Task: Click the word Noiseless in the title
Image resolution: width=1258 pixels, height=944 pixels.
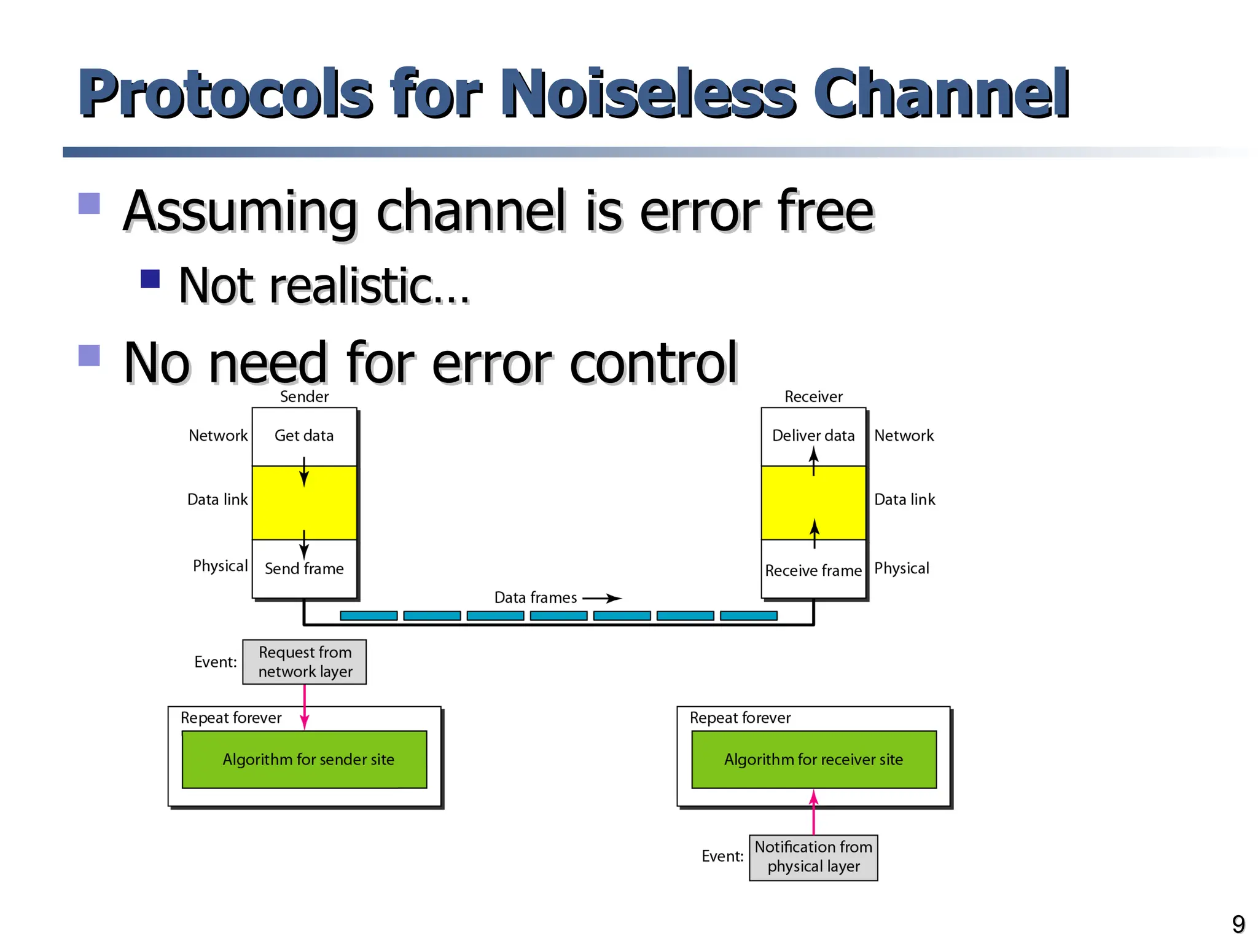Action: [648, 93]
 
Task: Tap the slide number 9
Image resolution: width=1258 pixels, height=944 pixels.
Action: [1238, 924]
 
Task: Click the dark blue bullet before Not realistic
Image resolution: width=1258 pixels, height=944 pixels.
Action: [150, 278]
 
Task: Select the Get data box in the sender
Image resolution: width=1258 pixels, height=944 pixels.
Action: [304, 436]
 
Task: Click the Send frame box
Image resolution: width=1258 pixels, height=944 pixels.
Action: [304, 569]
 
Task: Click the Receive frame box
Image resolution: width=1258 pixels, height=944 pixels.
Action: [813, 570]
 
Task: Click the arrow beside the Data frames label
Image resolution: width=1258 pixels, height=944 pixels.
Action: [602, 598]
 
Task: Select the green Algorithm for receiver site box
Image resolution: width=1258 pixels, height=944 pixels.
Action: [813, 760]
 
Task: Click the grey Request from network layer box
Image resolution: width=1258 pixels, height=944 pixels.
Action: [304, 662]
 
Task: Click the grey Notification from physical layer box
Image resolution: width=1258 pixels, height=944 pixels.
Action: [813, 857]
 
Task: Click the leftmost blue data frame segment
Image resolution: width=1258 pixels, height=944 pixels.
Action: [369, 616]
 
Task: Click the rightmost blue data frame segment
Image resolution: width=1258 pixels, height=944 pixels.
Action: [748, 616]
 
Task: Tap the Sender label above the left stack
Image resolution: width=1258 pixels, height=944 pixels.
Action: [304, 396]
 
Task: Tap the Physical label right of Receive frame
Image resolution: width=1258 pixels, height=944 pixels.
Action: [901, 568]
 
